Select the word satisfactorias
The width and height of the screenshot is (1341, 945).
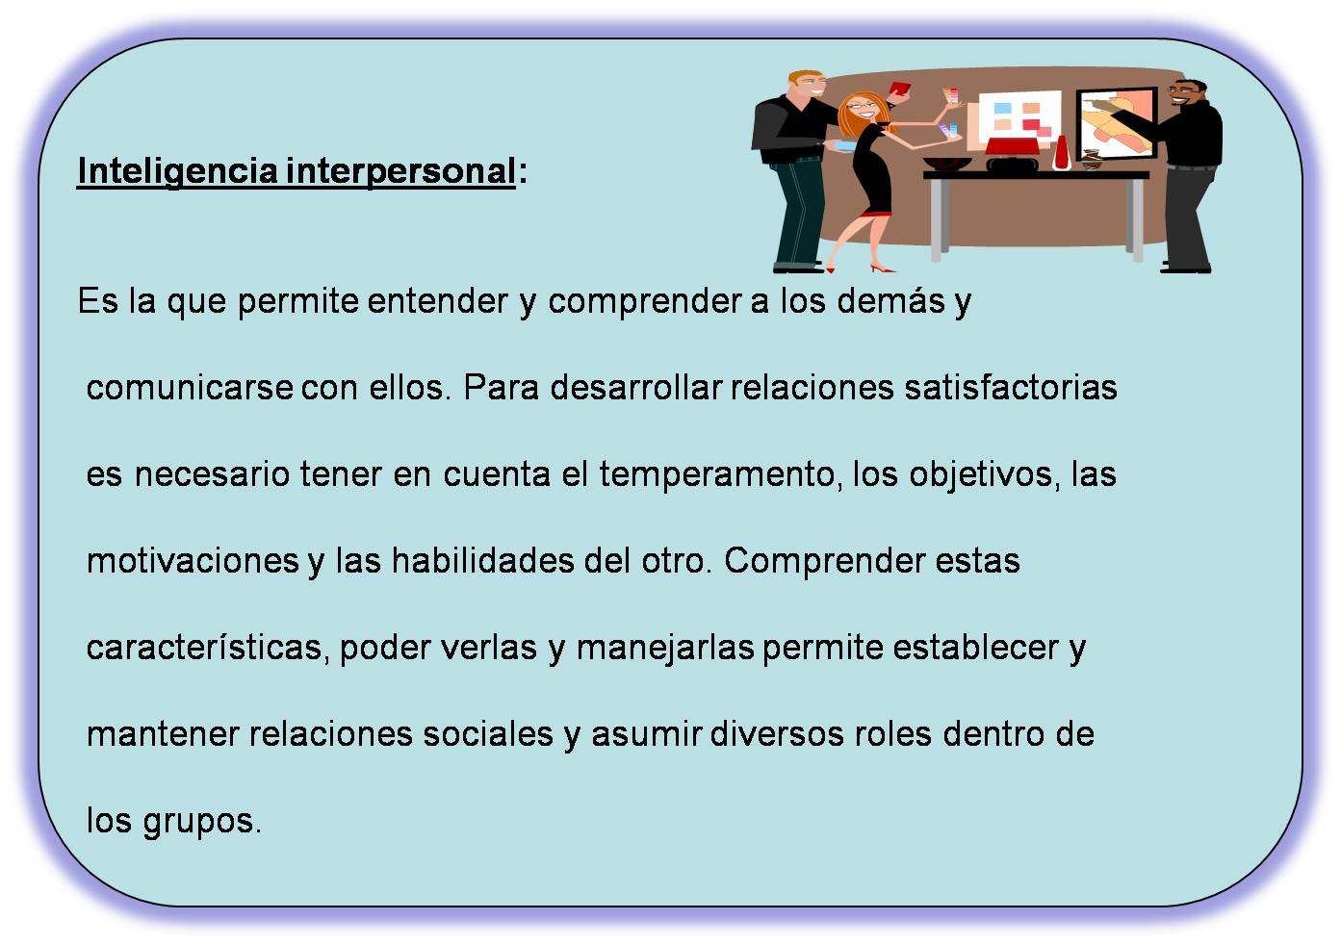1011,388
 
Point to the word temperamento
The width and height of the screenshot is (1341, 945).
715,474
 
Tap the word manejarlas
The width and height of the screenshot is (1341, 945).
665,648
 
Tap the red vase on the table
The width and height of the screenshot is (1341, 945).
1061,154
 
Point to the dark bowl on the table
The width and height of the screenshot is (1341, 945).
947,164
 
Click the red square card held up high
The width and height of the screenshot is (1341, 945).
901,89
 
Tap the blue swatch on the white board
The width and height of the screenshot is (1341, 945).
1002,108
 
